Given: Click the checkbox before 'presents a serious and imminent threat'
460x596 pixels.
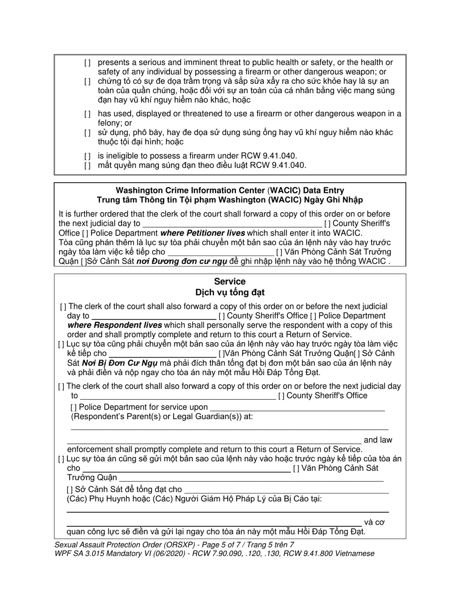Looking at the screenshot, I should click(x=87, y=63).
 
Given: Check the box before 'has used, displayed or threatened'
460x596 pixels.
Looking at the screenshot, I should click(x=87, y=114).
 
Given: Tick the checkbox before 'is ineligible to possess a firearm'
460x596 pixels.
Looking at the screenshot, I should click(x=87, y=156).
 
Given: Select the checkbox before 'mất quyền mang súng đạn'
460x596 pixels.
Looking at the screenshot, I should click(x=87, y=165).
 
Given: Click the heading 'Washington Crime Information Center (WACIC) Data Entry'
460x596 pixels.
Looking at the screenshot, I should click(x=230, y=190).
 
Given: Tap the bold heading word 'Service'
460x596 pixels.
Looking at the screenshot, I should click(x=230, y=282).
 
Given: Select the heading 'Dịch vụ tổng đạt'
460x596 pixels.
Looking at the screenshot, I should click(x=230, y=293).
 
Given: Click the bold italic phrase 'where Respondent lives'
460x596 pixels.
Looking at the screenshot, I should click(x=114, y=325).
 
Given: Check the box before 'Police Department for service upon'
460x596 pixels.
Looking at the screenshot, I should click(x=74, y=408).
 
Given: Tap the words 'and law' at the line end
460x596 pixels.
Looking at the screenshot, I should click(x=378, y=440).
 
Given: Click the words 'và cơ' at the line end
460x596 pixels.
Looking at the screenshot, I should click(x=374, y=522).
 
